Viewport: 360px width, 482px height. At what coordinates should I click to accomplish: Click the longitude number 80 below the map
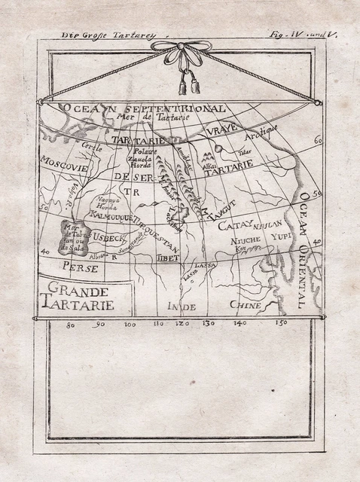tap(71, 325)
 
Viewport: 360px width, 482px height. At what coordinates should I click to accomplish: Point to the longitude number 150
tap(282, 324)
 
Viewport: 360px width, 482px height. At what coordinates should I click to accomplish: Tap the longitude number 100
tap(130, 325)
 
